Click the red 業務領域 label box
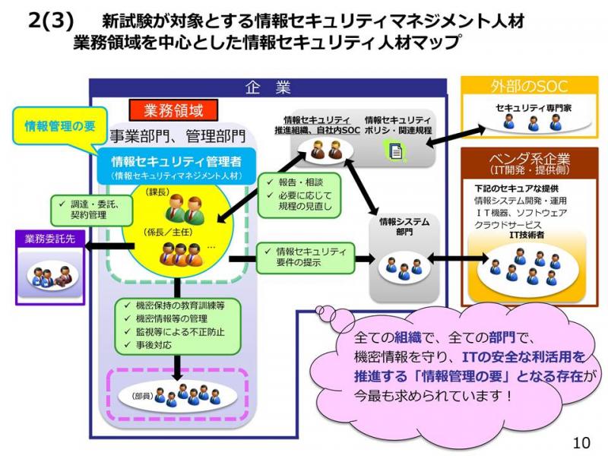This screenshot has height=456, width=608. point(173,110)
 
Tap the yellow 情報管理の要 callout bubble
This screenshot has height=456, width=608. point(60,126)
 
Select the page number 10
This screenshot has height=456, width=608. point(581,442)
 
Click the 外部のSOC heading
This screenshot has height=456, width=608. point(529,86)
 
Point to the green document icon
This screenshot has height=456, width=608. point(395,150)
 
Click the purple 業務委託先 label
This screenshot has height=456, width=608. point(50,239)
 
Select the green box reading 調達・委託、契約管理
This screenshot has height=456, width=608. point(92,210)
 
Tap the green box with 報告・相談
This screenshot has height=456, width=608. point(299,195)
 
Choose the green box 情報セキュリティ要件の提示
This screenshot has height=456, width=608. point(306,257)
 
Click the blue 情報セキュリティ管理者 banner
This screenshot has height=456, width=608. point(177,166)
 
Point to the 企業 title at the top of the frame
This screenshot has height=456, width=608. point(268,87)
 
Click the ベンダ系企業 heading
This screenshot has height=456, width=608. point(529,163)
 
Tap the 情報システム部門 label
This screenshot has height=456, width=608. point(404,226)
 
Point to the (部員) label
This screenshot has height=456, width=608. point(142,396)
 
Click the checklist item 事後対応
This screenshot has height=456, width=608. point(148,345)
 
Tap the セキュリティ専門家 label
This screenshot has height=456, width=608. point(534,108)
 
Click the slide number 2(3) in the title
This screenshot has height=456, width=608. point(51,21)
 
